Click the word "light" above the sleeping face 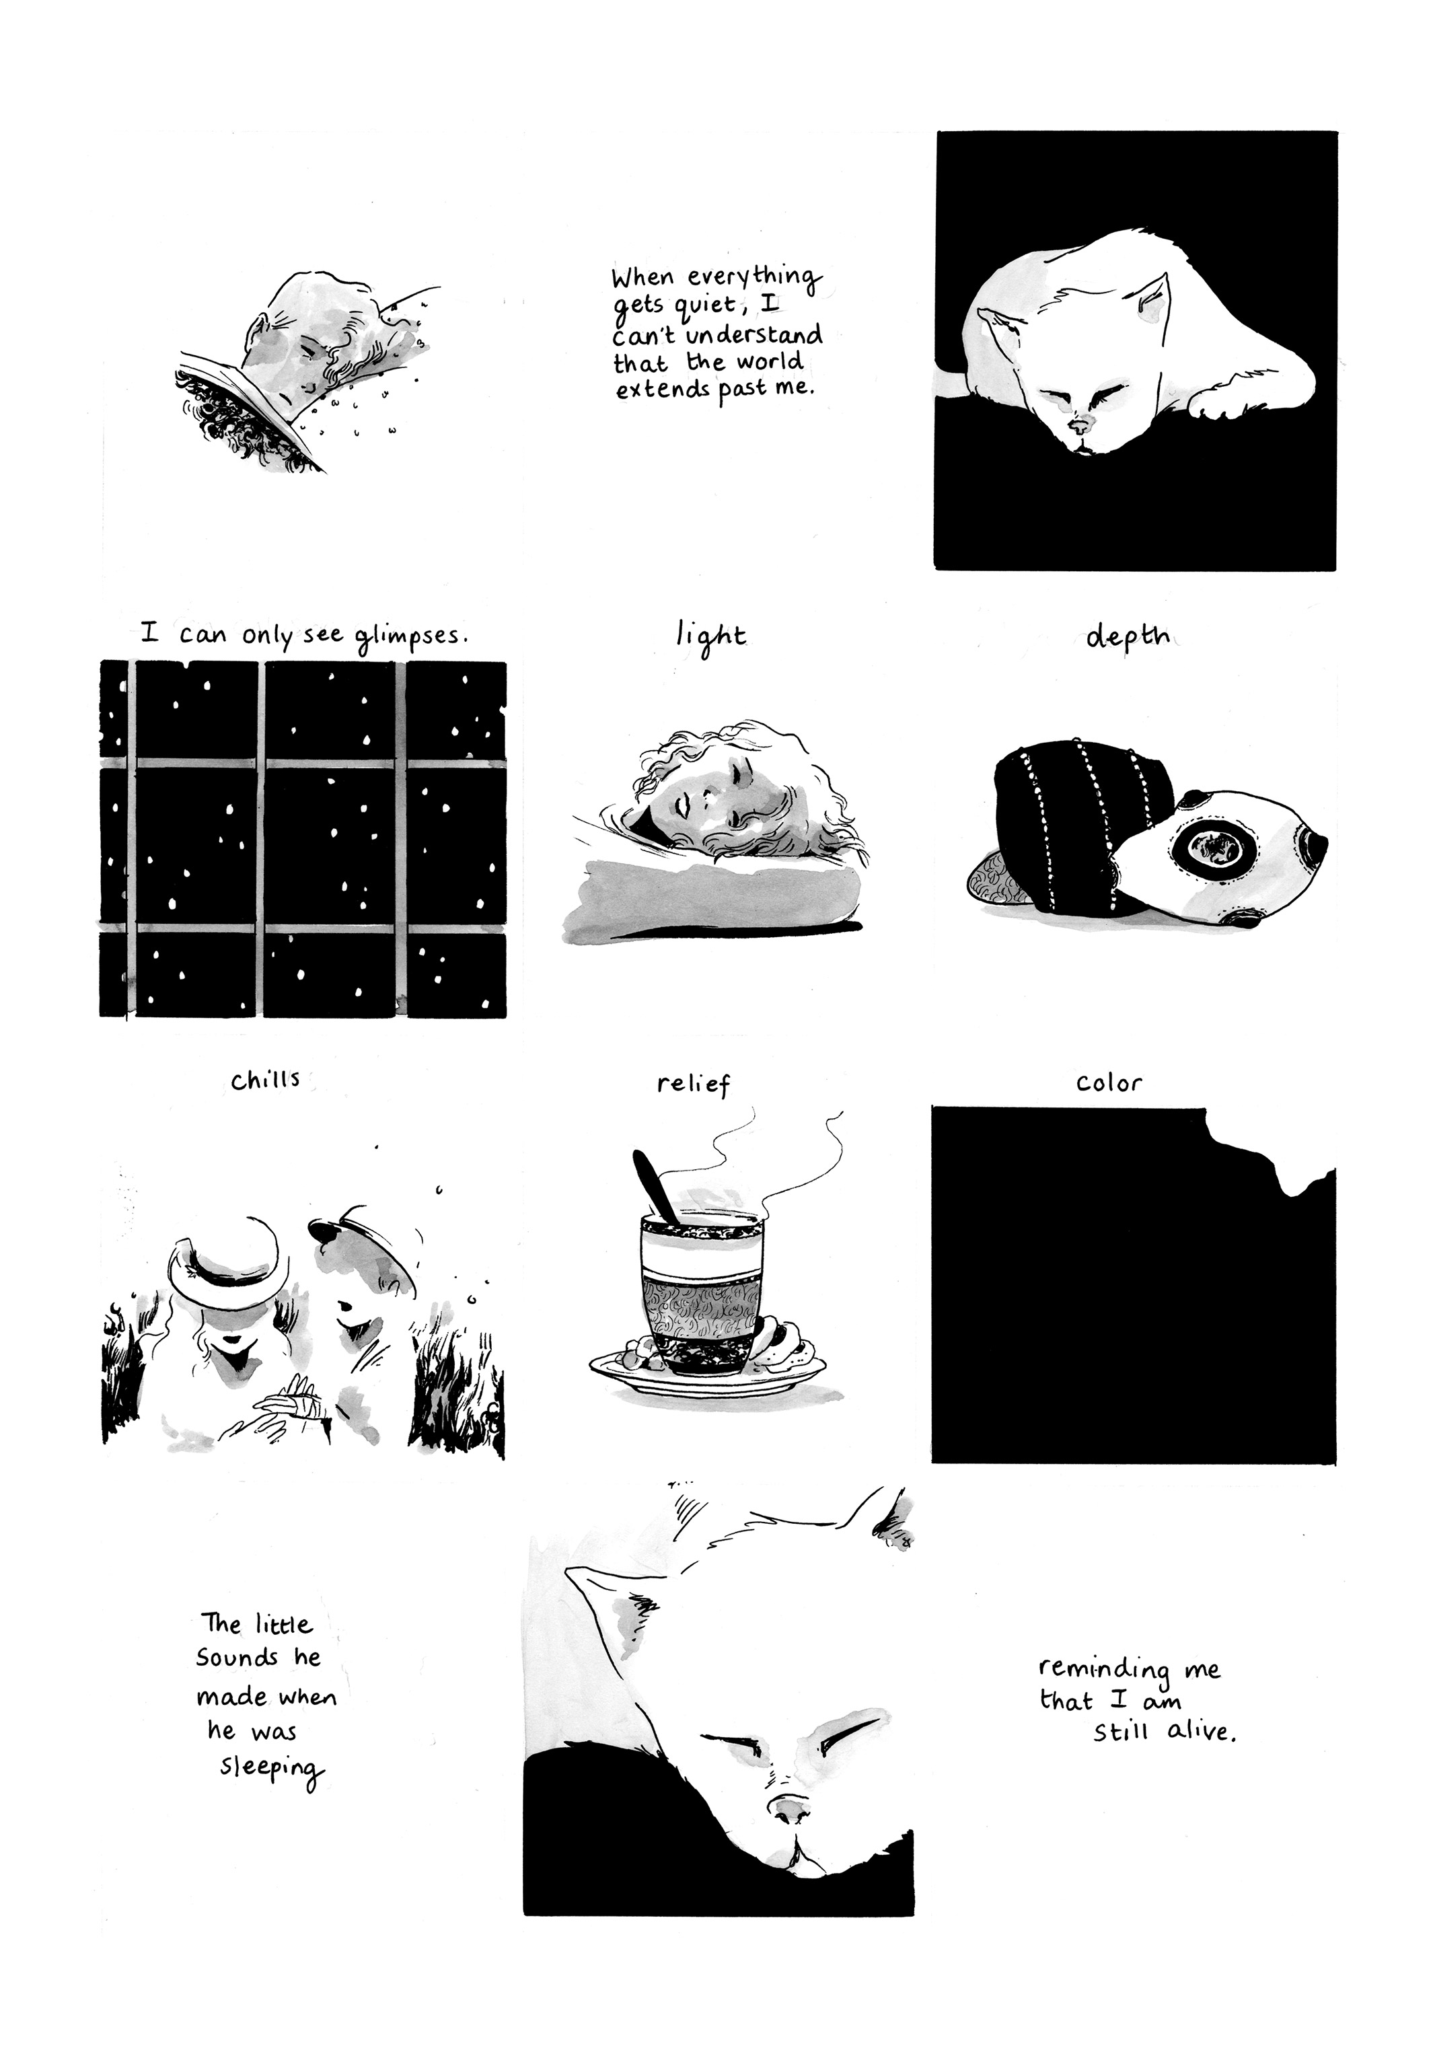click(710, 638)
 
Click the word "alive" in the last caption click(1202, 1731)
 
